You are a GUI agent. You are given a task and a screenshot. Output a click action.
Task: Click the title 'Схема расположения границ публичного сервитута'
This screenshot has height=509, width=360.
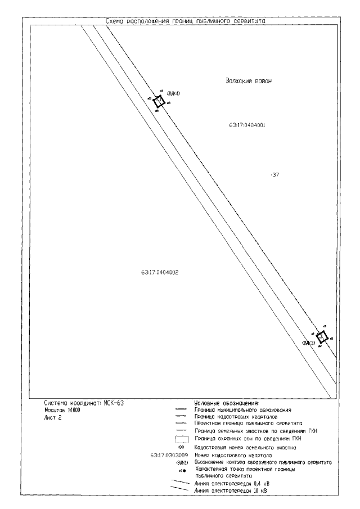pos(186,21)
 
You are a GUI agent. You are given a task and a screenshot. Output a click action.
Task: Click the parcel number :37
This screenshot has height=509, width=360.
pos(275,175)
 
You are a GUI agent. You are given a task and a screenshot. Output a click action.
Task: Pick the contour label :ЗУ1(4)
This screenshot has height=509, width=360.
pos(173,93)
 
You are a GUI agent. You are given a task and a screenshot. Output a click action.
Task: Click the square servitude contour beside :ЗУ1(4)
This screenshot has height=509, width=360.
pos(159,101)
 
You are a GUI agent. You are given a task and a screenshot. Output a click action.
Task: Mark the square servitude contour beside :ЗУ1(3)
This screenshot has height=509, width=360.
pos(322,337)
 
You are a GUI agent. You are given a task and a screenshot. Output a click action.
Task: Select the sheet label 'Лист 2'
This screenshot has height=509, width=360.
pos(53,419)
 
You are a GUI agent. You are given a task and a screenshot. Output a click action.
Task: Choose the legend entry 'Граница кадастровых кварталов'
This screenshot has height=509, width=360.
pos(230,417)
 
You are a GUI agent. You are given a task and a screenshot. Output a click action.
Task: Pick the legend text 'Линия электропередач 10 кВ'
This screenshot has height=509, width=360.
pos(228,491)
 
